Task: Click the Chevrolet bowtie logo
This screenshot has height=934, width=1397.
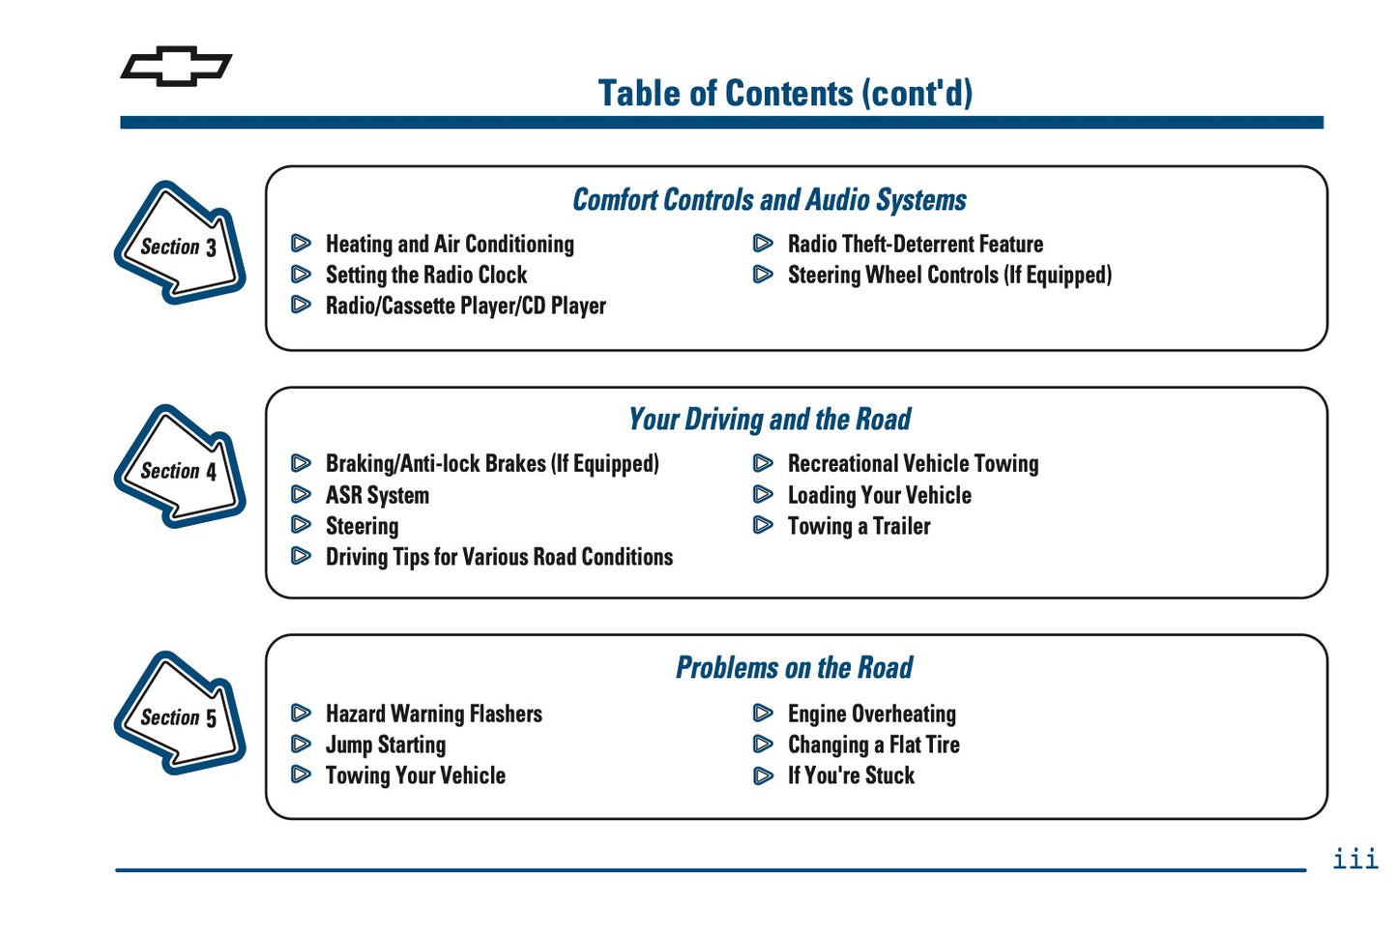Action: coord(176,67)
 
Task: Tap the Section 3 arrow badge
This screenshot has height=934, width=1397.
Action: coord(179,244)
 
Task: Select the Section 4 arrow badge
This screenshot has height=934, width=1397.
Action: coord(179,468)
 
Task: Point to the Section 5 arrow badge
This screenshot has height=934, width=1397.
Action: coord(179,715)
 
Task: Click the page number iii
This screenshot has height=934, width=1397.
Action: coord(1354,859)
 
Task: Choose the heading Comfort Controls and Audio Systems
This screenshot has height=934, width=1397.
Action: coord(770,200)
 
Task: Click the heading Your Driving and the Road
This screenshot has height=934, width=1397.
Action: coord(770,420)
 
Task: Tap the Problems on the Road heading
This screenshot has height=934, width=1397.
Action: coord(794,668)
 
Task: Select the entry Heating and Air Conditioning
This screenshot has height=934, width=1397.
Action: coord(450,245)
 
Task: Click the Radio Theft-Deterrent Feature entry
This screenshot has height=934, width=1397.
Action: coord(915,245)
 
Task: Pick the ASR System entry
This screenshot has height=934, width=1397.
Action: coord(377,496)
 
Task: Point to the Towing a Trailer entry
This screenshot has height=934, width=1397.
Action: coord(859,527)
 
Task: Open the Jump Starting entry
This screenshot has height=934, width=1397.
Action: coord(386,745)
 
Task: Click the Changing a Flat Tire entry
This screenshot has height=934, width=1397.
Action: coord(873,745)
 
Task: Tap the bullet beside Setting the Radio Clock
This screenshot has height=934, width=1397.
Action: coord(302,276)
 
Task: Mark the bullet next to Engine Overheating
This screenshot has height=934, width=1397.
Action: coord(763,714)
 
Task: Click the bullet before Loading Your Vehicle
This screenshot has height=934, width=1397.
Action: coord(763,495)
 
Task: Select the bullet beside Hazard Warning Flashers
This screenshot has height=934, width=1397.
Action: coord(302,714)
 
